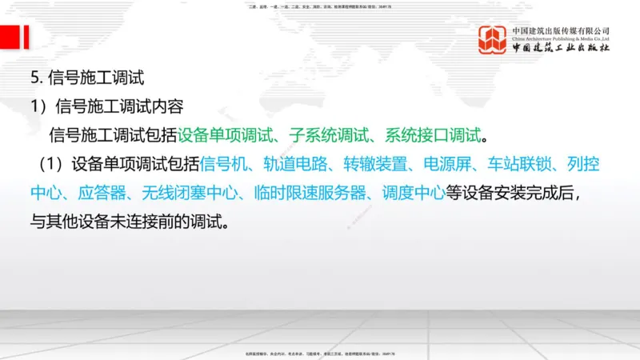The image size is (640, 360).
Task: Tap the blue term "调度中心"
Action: (415, 193)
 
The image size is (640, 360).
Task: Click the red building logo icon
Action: (493, 40)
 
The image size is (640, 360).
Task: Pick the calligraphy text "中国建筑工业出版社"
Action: (561, 49)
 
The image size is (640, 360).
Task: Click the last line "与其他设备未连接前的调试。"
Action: (130, 220)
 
